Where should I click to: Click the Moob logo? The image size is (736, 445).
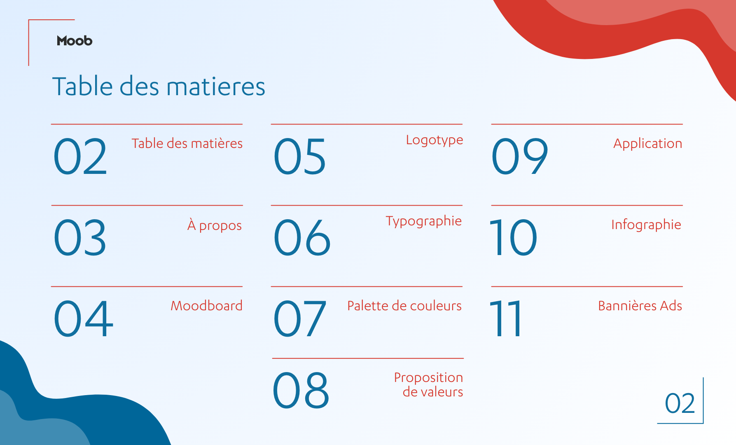click(75, 40)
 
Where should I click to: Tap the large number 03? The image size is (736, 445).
click(80, 237)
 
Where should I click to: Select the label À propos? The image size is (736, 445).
click(215, 225)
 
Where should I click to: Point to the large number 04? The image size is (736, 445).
click(84, 318)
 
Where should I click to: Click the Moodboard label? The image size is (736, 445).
click(207, 306)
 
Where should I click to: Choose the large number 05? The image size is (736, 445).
click(300, 156)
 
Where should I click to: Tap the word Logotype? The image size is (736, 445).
click(435, 141)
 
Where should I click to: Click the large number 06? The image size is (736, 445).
click(302, 237)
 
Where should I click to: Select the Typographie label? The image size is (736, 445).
click(424, 222)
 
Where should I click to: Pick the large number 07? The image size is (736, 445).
click(300, 318)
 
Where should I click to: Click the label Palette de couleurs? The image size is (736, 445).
click(404, 306)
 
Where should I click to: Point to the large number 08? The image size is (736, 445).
click(301, 390)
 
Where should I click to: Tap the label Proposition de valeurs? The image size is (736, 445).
click(429, 384)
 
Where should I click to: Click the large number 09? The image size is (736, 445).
click(520, 156)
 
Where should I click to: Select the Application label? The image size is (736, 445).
click(648, 144)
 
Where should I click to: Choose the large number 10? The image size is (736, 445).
click(513, 237)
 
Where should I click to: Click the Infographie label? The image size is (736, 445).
click(646, 225)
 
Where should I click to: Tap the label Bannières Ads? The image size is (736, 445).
click(640, 306)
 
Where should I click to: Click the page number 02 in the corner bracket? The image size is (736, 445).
click(680, 403)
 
